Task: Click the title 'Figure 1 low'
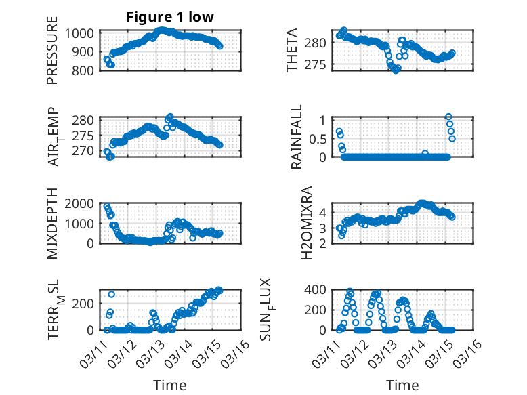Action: [x=170, y=17]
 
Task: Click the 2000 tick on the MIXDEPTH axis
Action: [x=81, y=204]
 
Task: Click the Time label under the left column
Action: [x=170, y=386]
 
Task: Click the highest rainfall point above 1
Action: [x=448, y=117]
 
